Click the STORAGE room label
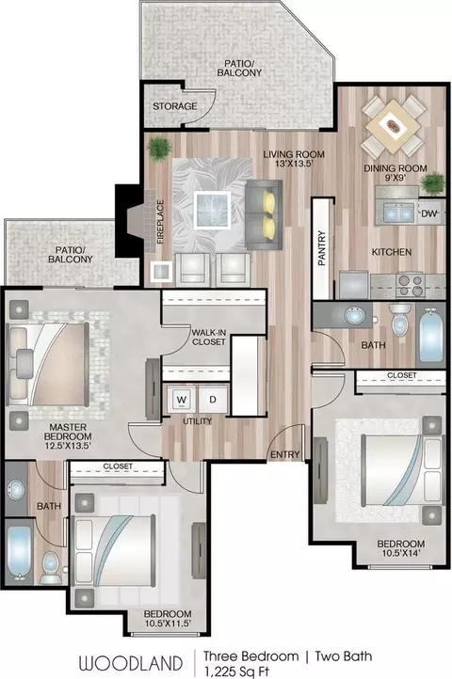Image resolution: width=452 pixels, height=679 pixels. click(175, 106)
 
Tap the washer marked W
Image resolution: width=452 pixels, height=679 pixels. click(182, 400)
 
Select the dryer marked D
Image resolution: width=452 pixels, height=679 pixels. click(213, 400)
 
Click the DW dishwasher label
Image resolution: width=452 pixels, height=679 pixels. click(429, 213)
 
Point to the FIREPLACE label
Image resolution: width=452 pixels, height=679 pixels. click(160, 222)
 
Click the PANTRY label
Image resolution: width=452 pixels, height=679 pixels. click(321, 247)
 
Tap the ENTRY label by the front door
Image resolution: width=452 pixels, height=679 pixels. click(285, 454)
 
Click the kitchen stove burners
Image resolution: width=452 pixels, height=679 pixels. click(410, 285)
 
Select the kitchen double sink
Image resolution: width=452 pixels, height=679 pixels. click(397, 213)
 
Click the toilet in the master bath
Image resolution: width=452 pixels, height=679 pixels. click(50, 567)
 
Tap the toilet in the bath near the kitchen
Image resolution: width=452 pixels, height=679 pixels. click(399, 320)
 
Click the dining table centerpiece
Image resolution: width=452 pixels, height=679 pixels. click(394, 126)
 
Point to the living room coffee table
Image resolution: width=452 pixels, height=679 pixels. click(212, 209)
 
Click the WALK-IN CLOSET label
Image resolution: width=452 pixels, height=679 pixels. click(209, 338)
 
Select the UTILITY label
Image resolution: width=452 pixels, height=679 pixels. click(198, 421)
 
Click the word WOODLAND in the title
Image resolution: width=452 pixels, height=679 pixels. click(131, 663)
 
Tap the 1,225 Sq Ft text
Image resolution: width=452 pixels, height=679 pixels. click(237, 671)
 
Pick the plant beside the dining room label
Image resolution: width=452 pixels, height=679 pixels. click(432, 183)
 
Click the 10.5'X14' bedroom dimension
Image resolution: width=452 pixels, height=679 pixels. click(400, 553)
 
